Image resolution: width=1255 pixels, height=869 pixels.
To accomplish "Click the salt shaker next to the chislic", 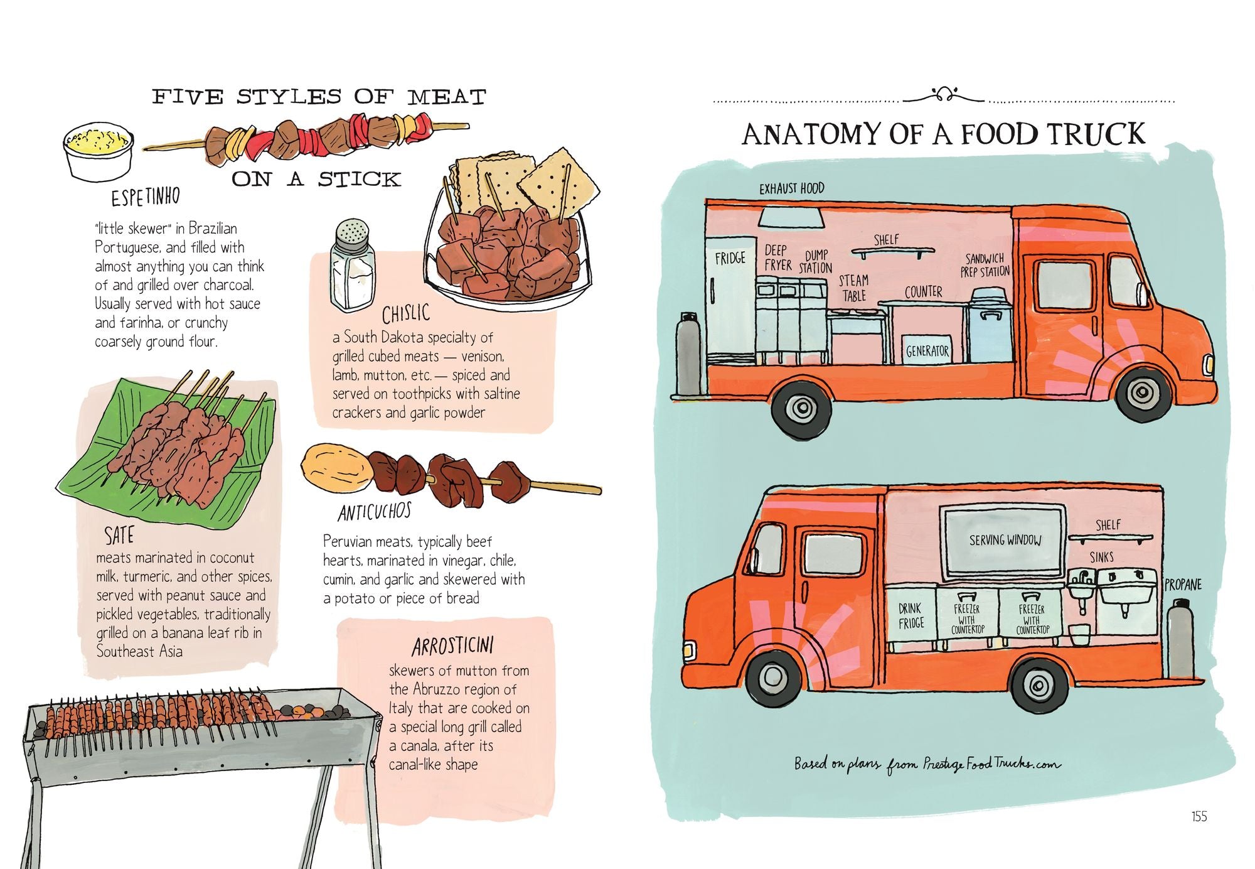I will (x=352, y=266).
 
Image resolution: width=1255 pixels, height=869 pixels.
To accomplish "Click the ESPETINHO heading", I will (x=146, y=197).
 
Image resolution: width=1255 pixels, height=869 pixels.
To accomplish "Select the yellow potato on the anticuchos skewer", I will (x=335, y=468).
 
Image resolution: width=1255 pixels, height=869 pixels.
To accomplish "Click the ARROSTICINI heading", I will (x=452, y=646).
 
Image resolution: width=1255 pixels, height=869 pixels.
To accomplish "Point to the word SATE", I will (x=119, y=536).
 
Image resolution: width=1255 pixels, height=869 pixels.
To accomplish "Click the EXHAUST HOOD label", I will (x=791, y=188).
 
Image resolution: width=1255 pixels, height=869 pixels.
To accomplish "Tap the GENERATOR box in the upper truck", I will (x=927, y=351).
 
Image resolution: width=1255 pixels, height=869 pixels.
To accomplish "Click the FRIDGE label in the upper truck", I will (x=730, y=258).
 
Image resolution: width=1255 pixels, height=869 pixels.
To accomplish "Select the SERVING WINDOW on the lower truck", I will (x=1004, y=540).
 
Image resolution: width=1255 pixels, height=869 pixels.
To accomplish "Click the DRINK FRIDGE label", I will (x=911, y=615).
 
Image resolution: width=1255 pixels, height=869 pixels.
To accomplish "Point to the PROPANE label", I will (x=1183, y=585).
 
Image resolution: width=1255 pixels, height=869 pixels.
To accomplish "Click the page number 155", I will (x=1199, y=816).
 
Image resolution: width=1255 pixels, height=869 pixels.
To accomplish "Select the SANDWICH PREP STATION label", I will (x=985, y=265).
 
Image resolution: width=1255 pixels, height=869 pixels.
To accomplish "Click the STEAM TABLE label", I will (x=853, y=288).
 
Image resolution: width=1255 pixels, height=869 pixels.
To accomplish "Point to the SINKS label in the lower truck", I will (x=1101, y=557).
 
